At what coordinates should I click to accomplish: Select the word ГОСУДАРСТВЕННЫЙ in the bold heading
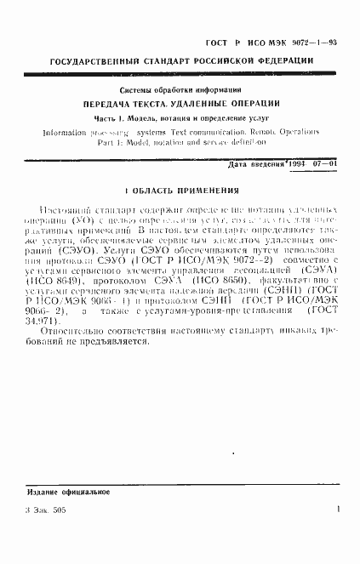[94, 62]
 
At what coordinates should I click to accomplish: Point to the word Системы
[137, 90]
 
